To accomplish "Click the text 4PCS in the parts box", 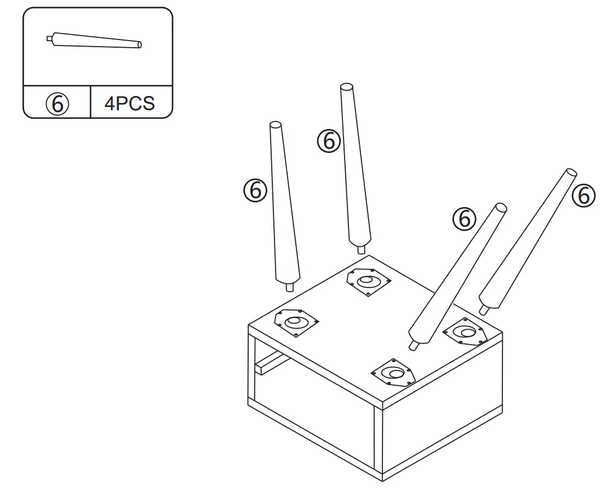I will (130, 103).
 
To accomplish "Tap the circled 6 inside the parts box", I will (58, 103).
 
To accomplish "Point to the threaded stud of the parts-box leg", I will (49, 39).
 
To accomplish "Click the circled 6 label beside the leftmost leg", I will (255, 190).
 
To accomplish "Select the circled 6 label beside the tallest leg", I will (329, 141).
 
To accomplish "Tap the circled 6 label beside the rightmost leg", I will (584, 195).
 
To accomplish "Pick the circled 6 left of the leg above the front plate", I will (464, 219).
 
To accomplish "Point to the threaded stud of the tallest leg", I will (361, 249).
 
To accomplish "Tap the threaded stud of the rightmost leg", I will (484, 310).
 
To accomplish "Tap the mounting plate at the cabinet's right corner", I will (465, 332).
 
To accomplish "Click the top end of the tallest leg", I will (346, 87).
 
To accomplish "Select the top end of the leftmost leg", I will (276, 126).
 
